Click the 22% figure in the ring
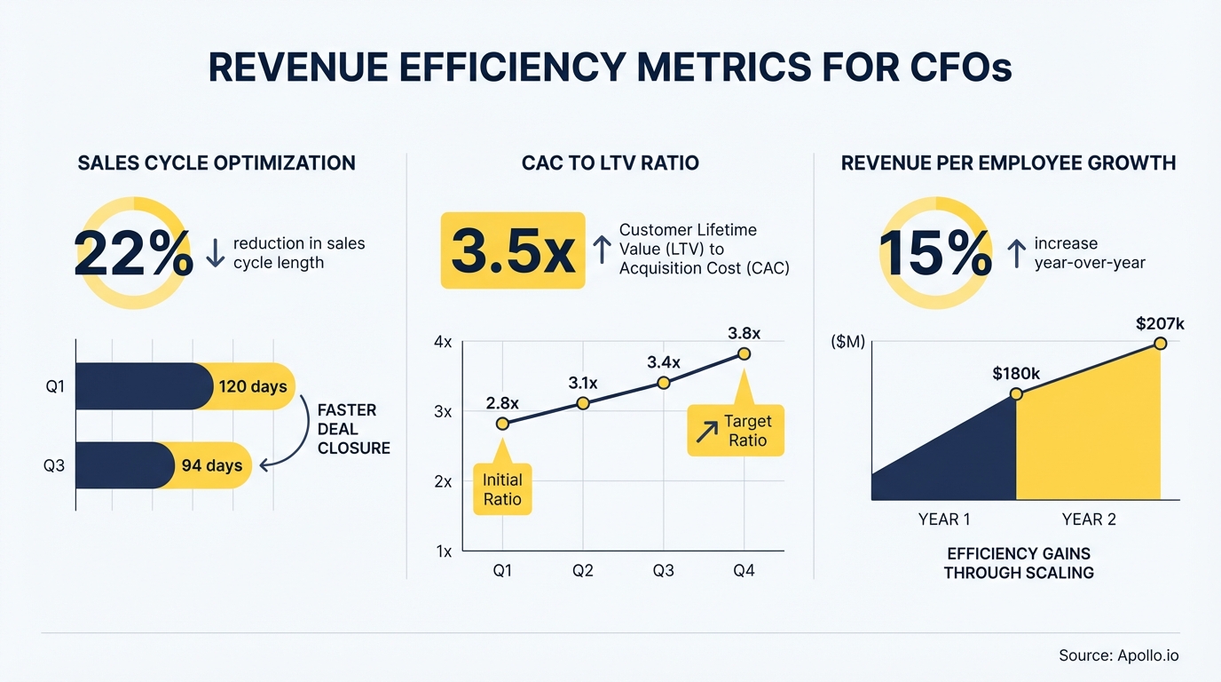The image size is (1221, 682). click(133, 254)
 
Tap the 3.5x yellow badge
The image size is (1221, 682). click(513, 250)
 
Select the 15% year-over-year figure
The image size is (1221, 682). click(935, 254)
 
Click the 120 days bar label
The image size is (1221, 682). click(252, 387)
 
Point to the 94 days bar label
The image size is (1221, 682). click(211, 465)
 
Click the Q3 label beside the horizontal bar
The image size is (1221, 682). click(54, 465)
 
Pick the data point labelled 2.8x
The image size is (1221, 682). click(502, 424)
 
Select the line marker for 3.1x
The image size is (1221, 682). click(583, 403)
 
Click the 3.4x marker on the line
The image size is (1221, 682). click(663, 383)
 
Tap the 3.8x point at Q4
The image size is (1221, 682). click(744, 354)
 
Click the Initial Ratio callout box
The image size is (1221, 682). click(502, 489)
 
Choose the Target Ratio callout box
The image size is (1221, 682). click(736, 431)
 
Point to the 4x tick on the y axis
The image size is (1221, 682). click(442, 342)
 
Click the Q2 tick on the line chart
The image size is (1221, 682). click(583, 571)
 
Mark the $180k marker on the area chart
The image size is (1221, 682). click(1017, 393)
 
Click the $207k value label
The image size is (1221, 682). click(1160, 324)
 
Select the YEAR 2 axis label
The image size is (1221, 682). click(1089, 519)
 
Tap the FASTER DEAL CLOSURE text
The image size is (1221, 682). click(353, 429)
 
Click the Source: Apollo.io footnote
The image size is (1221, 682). click(1118, 656)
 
